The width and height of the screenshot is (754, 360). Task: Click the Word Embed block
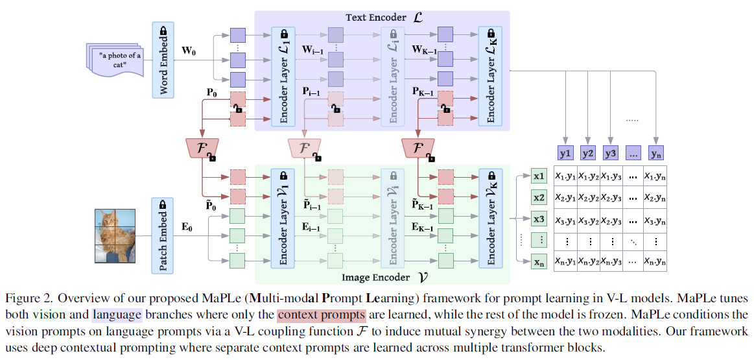163,60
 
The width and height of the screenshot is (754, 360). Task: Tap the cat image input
114,235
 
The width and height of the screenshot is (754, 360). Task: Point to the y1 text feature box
565,154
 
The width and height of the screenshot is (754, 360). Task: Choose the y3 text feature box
609,154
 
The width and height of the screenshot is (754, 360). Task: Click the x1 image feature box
539,176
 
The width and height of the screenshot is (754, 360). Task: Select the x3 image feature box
539,219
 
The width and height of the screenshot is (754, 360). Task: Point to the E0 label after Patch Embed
187,227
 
